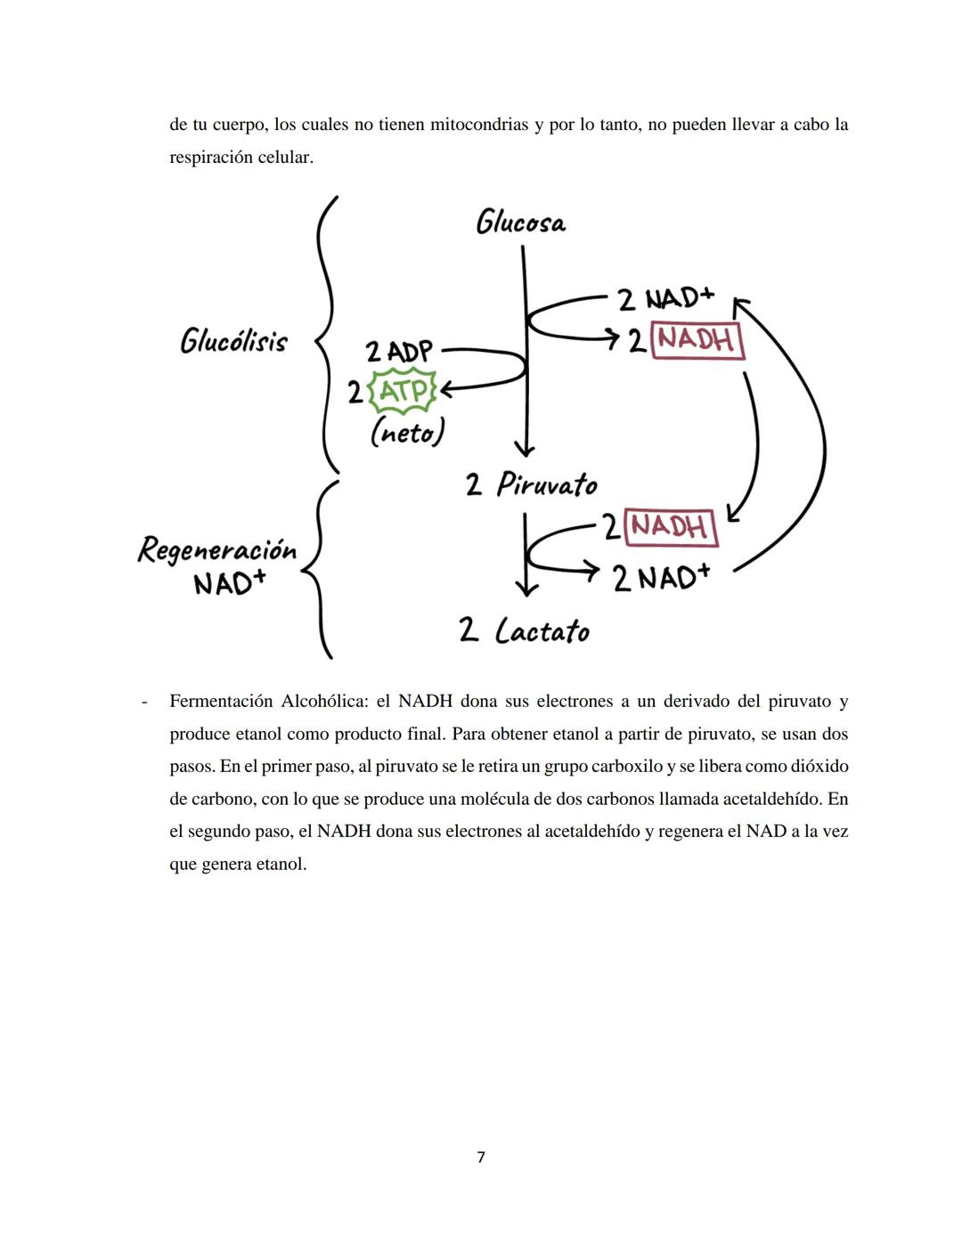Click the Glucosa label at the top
click(x=521, y=222)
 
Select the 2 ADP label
click(x=398, y=352)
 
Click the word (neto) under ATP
click(x=407, y=433)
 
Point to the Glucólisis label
click(x=233, y=341)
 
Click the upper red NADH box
click(x=697, y=341)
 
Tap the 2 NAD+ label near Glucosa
click(x=666, y=299)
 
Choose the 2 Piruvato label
click(x=531, y=484)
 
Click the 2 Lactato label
click(x=524, y=630)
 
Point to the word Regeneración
click(x=216, y=549)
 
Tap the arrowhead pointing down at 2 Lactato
click(x=526, y=588)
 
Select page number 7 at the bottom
click(x=481, y=1157)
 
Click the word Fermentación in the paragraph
click(x=221, y=701)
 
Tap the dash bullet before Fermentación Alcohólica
click(x=143, y=701)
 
